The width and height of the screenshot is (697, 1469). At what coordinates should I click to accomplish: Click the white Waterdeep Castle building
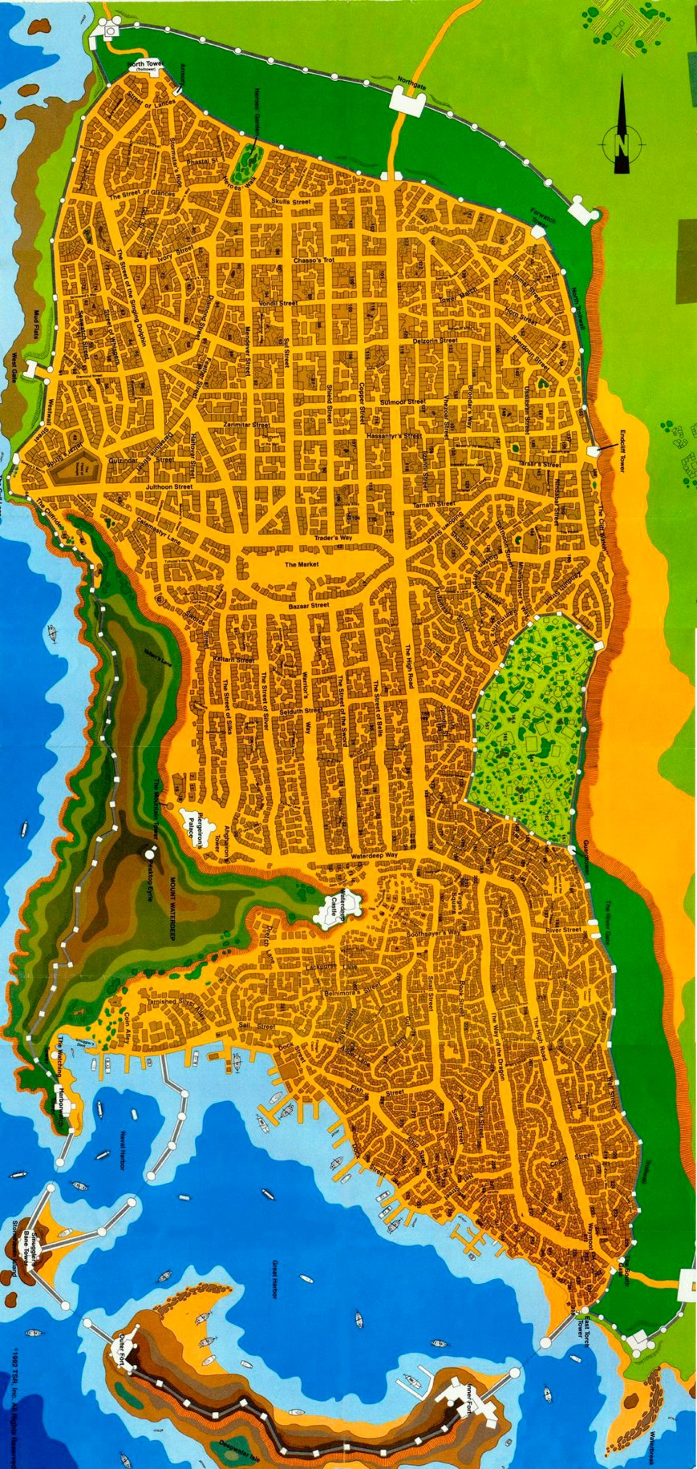[x=330, y=913]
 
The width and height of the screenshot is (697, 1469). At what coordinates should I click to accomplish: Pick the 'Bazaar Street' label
[x=308, y=605]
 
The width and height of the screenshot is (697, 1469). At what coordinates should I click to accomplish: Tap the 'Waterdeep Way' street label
[x=375, y=857]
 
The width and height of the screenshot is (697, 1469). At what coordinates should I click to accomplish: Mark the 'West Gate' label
[x=14, y=365]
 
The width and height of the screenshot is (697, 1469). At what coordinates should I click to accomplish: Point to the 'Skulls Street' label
[x=290, y=202]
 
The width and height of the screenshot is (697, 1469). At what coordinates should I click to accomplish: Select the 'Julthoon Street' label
[x=169, y=486]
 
